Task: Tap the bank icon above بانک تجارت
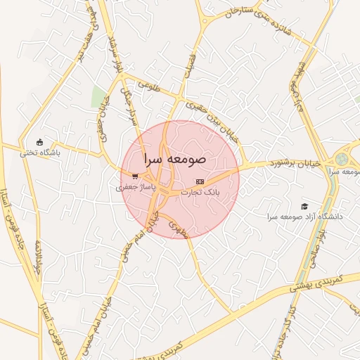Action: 200,181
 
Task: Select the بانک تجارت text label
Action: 200,191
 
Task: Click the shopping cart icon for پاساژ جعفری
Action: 134,176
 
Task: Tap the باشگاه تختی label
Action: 39,151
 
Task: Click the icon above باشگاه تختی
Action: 39,141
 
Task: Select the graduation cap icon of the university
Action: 304,206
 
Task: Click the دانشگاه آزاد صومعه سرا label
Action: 304,217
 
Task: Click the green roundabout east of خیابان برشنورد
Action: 342,160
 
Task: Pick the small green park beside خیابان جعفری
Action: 98,98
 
